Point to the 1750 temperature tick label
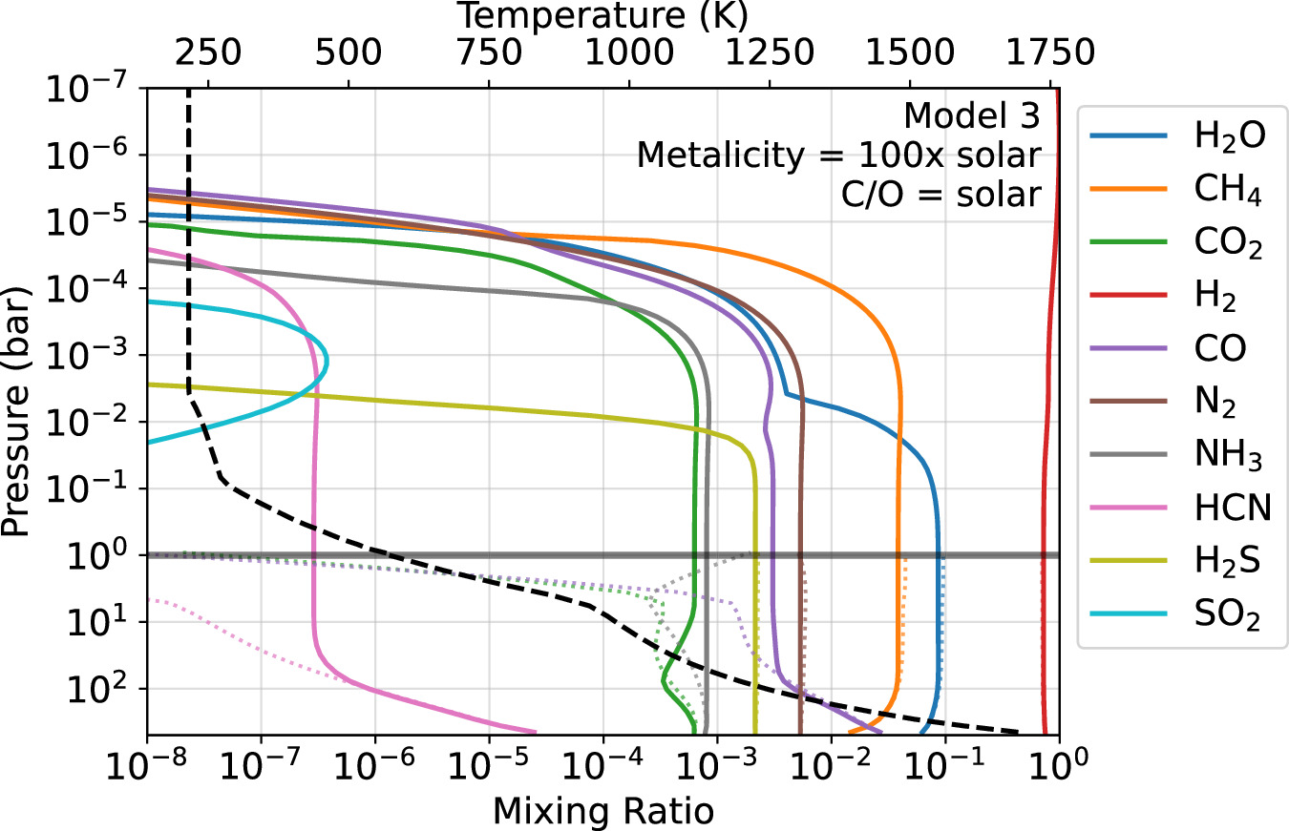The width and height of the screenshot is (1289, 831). point(1049,52)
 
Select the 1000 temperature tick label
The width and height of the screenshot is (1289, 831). point(629,52)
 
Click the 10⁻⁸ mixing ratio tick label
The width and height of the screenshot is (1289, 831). point(147,769)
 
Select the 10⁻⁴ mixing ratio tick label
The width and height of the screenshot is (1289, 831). point(602,769)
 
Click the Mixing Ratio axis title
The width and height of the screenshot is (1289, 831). point(602,811)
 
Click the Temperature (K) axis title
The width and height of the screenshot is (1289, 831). point(602,15)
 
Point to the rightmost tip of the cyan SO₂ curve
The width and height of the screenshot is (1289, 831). point(328,362)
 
